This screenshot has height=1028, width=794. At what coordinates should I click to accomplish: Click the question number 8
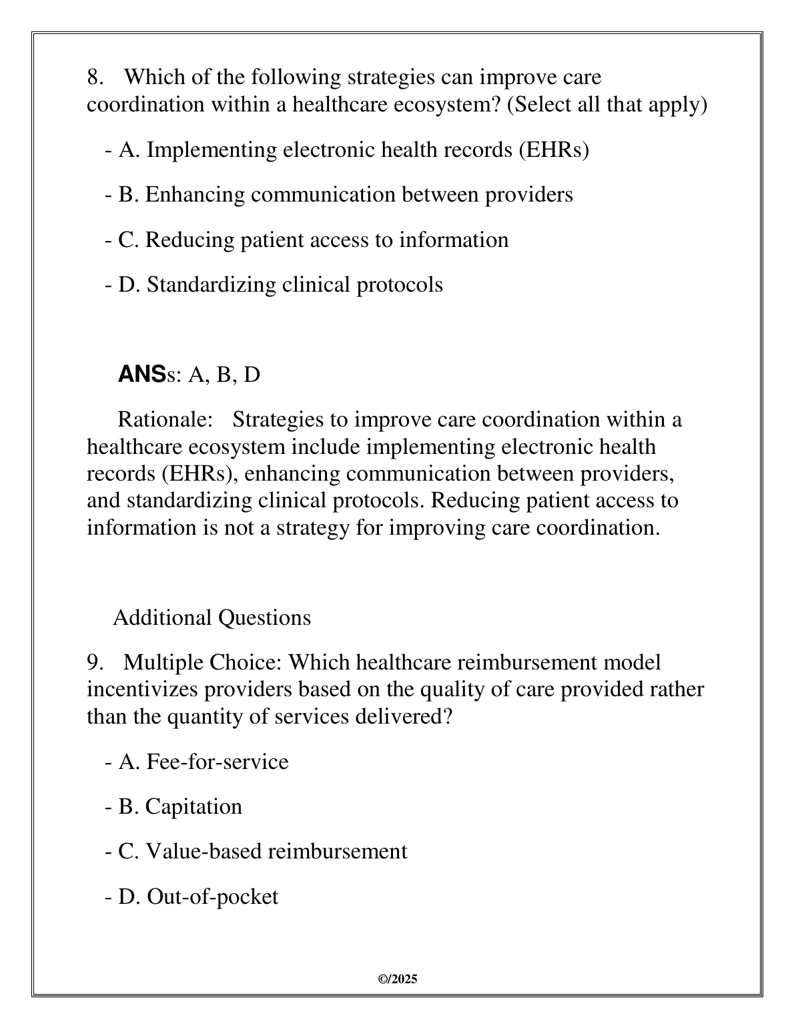pyautogui.click(x=95, y=77)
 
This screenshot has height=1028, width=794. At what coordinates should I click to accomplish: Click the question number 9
pyautogui.click(x=95, y=663)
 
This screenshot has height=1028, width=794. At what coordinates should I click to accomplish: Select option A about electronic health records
pyautogui.click(x=347, y=150)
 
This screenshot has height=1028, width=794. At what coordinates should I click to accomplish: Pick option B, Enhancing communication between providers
pyautogui.click(x=339, y=194)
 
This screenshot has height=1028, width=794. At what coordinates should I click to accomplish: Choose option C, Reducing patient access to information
pyautogui.click(x=307, y=240)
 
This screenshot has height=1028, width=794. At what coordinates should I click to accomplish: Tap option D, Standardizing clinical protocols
pyautogui.click(x=274, y=284)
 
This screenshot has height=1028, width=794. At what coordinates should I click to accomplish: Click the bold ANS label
pyautogui.click(x=141, y=374)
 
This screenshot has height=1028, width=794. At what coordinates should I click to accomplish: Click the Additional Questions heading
pyautogui.click(x=212, y=617)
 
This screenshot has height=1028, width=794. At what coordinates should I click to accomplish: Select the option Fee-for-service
pyautogui.click(x=197, y=762)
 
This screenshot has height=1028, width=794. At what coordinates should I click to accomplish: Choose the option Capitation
pyautogui.click(x=174, y=806)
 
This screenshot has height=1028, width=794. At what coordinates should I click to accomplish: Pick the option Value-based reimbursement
pyautogui.click(x=256, y=851)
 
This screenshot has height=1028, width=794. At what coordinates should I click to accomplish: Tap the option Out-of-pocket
pyautogui.click(x=192, y=896)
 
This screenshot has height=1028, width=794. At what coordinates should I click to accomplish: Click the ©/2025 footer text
pyautogui.click(x=397, y=979)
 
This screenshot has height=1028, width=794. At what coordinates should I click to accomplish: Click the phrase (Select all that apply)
pyautogui.click(x=607, y=105)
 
